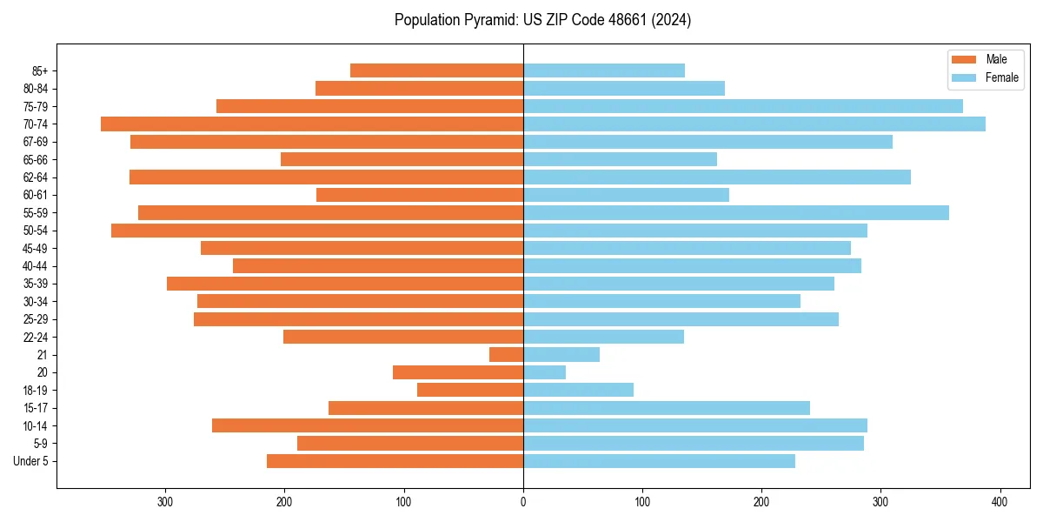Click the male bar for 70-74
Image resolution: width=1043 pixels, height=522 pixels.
pos(312,124)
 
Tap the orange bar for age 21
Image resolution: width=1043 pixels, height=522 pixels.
pos(507,354)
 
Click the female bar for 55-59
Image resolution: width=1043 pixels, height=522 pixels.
pos(736,212)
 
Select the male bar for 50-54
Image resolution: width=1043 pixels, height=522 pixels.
pos(317,231)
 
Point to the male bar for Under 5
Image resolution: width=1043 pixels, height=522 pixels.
pos(395,461)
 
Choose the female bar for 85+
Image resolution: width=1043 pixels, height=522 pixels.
pos(604,70)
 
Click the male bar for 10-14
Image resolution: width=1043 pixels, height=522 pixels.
pos(368,425)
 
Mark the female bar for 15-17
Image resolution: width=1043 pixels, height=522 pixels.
pos(667,408)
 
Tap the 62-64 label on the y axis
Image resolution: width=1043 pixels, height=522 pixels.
pos(35,177)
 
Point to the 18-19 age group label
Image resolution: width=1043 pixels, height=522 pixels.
pos(35,391)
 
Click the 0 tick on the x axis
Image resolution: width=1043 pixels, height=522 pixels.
pos(523,502)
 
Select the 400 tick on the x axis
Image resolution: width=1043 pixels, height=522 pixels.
pos(1000,502)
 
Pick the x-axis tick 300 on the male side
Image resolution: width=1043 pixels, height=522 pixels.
pos(165,502)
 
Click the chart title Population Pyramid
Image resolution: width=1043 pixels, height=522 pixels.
pos(542,20)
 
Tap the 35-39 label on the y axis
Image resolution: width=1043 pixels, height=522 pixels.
pos(35,284)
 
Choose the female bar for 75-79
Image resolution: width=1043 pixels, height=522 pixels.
pos(743,106)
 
